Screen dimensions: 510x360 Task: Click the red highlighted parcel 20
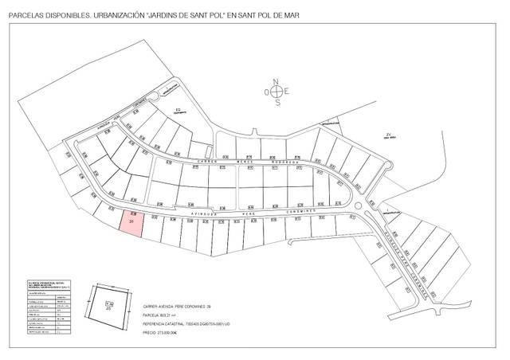pos(132,224)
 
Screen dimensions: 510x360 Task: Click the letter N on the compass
pos(277,81)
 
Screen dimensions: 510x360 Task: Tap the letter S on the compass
pos(277,103)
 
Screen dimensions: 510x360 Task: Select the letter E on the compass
pos(288,92)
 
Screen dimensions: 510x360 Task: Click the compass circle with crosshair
pos(277,92)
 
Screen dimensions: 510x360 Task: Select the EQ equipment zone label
pos(179,109)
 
